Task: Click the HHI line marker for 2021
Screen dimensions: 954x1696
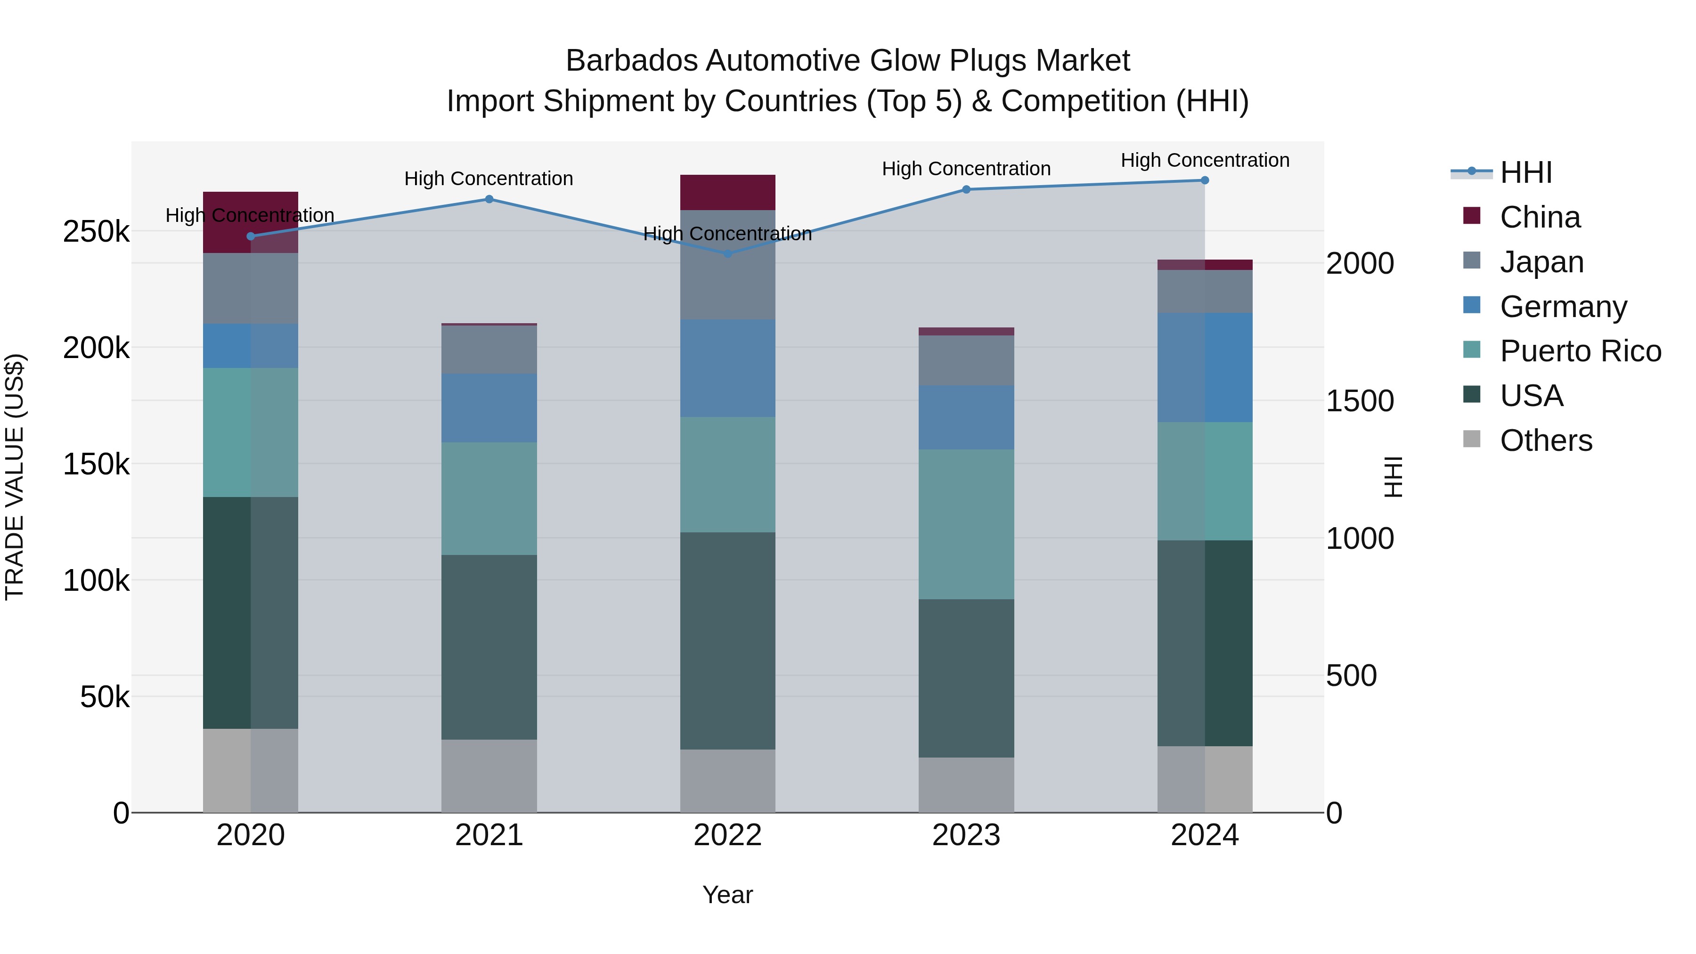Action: point(489,199)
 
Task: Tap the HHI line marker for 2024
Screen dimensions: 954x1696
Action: point(1205,180)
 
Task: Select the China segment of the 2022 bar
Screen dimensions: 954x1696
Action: point(727,192)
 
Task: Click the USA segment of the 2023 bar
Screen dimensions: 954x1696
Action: point(966,678)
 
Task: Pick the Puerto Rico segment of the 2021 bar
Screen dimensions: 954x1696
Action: point(489,498)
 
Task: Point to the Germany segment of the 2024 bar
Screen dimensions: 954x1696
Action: point(1205,367)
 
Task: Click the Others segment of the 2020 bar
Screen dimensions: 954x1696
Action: point(250,770)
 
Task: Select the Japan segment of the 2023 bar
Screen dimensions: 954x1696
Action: point(966,360)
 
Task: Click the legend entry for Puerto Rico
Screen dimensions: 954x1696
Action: point(1580,351)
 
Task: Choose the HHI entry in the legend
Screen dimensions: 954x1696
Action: point(1525,172)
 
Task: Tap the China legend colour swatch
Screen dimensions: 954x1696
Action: point(1471,216)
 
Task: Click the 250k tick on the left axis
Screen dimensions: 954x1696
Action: point(96,232)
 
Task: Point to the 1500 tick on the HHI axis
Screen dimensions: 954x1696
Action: point(1360,401)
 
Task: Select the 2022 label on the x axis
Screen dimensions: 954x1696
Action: point(727,835)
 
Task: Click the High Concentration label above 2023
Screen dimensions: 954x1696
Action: point(966,169)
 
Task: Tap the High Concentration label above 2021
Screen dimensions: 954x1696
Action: point(489,179)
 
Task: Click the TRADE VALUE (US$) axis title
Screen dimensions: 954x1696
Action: point(15,477)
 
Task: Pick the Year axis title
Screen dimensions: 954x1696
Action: point(727,895)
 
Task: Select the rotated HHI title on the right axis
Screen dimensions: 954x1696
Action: point(1393,477)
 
